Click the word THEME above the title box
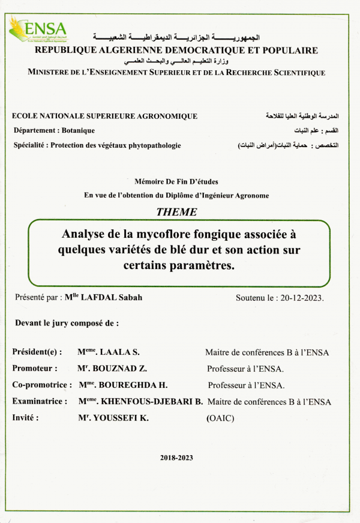click(176, 211)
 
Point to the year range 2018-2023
click(176, 457)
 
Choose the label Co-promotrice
click(41, 385)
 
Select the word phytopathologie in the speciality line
click(151, 145)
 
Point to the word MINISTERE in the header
click(55, 73)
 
